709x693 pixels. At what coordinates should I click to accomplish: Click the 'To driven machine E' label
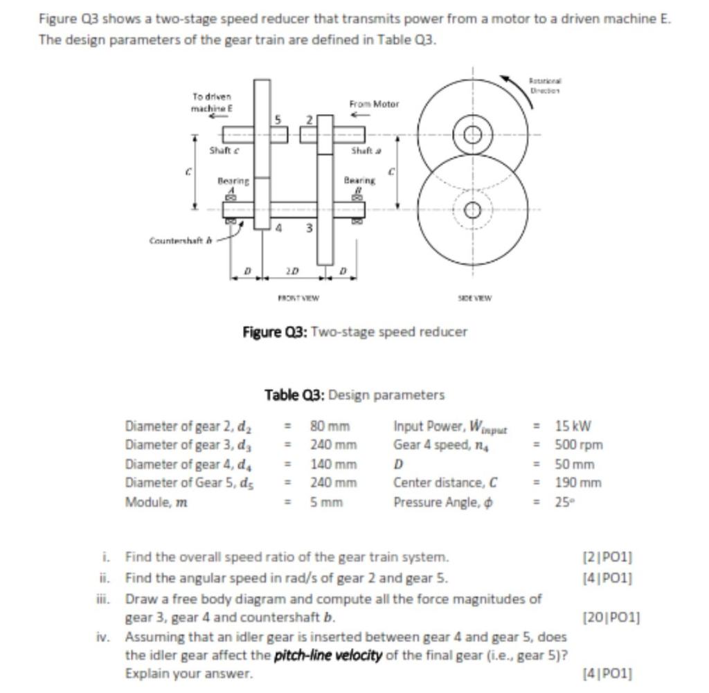click(x=212, y=103)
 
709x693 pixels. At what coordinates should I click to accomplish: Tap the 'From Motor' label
click(x=374, y=104)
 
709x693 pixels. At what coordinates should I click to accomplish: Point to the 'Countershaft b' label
click(x=176, y=241)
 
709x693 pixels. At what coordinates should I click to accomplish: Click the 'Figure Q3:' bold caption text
click(x=275, y=332)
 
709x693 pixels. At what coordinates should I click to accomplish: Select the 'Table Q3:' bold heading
click(x=294, y=395)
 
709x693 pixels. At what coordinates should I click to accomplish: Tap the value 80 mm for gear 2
click(x=330, y=426)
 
